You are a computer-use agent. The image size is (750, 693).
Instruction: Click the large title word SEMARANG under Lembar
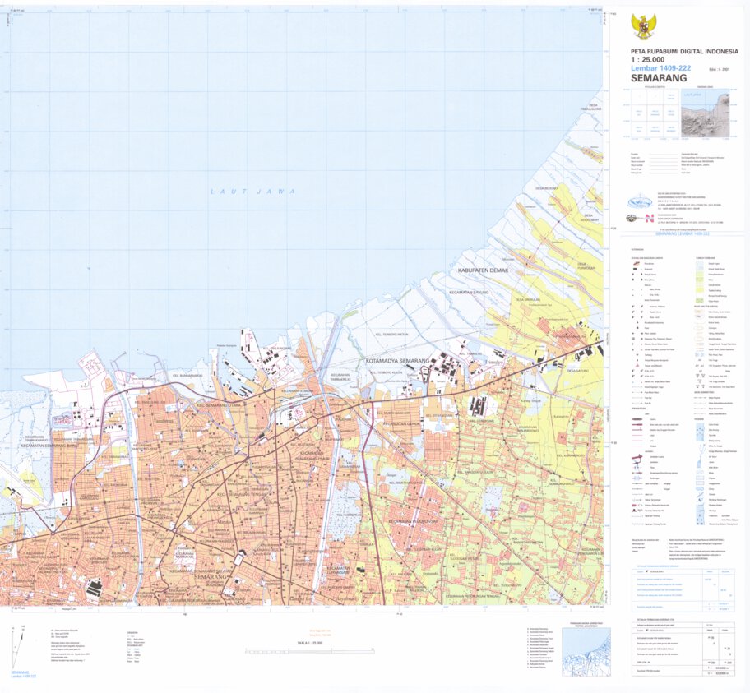660,79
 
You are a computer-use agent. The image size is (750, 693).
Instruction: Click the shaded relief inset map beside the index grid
705,113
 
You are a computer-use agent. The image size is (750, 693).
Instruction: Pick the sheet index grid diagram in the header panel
653,114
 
